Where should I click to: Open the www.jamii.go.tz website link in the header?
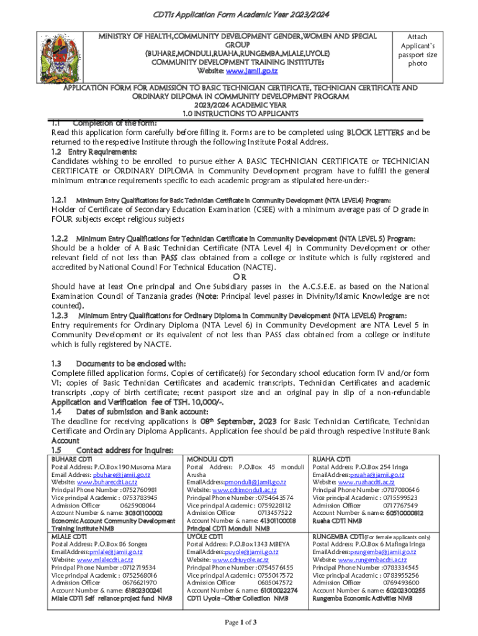246,72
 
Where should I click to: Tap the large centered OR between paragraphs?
239,276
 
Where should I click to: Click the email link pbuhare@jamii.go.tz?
120,475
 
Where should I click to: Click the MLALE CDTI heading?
69,536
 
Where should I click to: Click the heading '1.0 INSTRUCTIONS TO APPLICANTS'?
239,114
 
